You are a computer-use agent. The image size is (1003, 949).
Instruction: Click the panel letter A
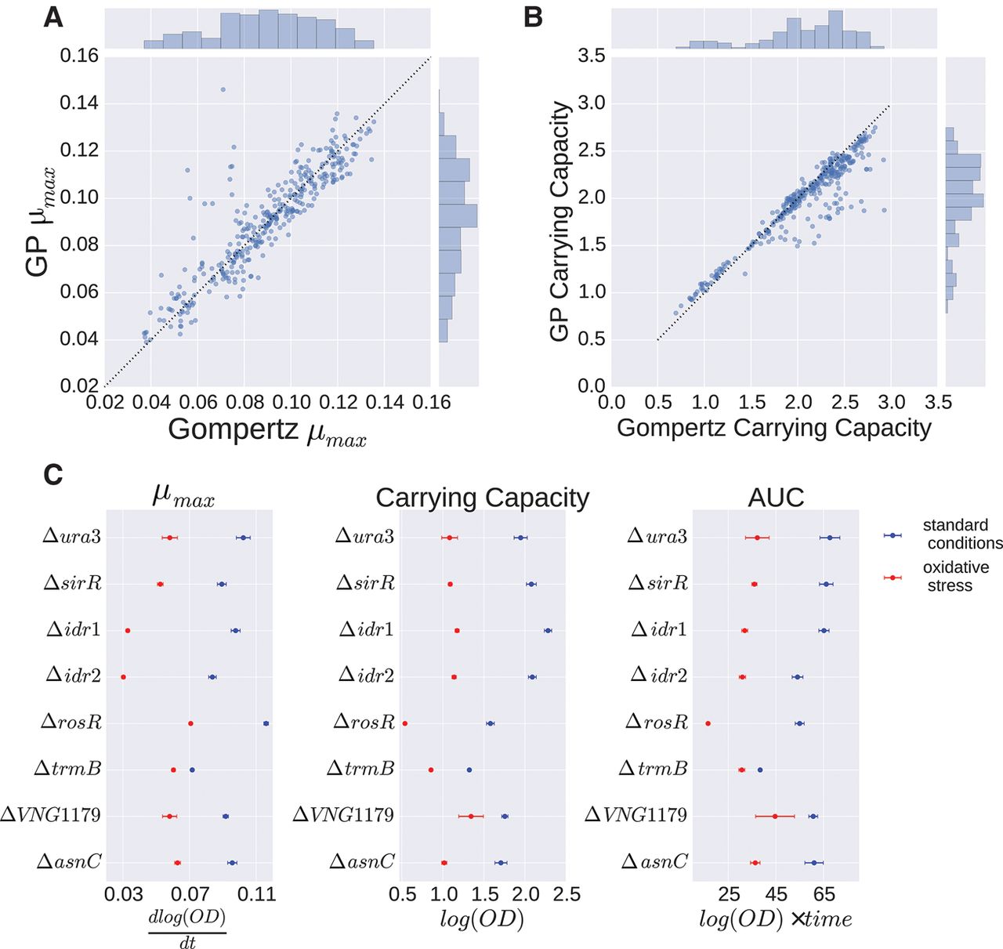click(x=53, y=16)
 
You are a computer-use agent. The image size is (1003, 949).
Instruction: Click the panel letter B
click(x=533, y=16)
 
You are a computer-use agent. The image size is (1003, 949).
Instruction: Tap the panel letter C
click(x=53, y=474)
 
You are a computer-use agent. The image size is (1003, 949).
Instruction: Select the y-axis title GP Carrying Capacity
click(x=559, y=220)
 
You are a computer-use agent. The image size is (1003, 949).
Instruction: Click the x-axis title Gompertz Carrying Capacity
click(x=774, y=428)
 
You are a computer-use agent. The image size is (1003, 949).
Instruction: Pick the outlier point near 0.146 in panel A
click(x=223, y=89)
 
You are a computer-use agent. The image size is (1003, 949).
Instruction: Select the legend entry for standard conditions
click(x=961, y=534)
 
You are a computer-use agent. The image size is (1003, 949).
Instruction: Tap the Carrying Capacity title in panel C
click(x=482, y=498)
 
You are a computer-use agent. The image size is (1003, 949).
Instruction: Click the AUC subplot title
click(x=776, y=498)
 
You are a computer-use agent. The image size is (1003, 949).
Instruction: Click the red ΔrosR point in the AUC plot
click(x=708, y=723)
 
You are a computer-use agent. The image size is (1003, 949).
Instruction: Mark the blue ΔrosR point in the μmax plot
click(x=266, y=723)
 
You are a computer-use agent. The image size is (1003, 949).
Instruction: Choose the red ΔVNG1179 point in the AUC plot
click(x=775, y=816)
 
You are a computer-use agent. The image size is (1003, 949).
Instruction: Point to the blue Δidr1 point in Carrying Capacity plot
click(x=548, y=630)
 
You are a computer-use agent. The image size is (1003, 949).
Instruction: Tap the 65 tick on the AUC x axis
click(x=824, y=894)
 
